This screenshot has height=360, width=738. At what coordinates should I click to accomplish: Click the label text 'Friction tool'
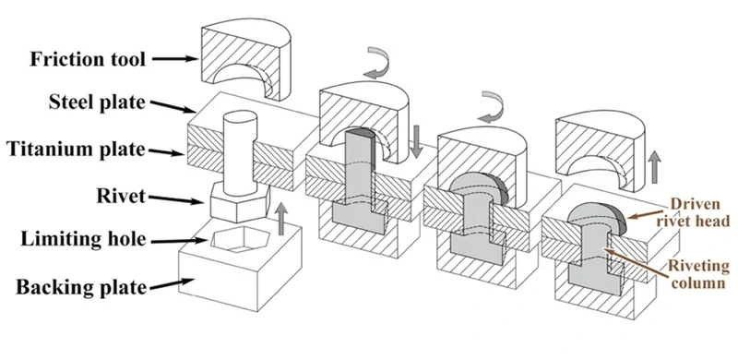pyautogui.click(x=88, y=59)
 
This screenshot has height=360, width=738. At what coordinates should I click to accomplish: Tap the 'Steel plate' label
pyautogui.click(x=97, y=102)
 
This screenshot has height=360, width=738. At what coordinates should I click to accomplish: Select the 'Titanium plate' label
pyautogui.click(x=76, y=150)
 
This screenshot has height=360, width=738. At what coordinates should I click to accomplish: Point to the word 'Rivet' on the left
pyautogui.click(x=121, y=196)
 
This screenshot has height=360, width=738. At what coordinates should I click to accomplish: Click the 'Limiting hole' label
pyautogui.click(x=83, y=239)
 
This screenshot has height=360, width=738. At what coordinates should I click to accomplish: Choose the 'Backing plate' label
pyautogui.click(x=81, y=286)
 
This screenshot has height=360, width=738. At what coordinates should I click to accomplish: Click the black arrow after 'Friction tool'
pyautogui.click(x=174, y=59)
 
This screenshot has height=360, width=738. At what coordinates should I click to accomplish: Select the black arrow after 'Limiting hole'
pyautogui.click(x=180, y=241)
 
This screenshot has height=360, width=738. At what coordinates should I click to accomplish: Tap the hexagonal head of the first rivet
pyautogui.click(x=239, y=204)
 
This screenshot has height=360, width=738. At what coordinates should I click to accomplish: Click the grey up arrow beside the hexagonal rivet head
pyautogui.click(x=281, y=219)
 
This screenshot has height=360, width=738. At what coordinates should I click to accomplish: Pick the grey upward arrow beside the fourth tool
pyautogui.click(x=654, y=167)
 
